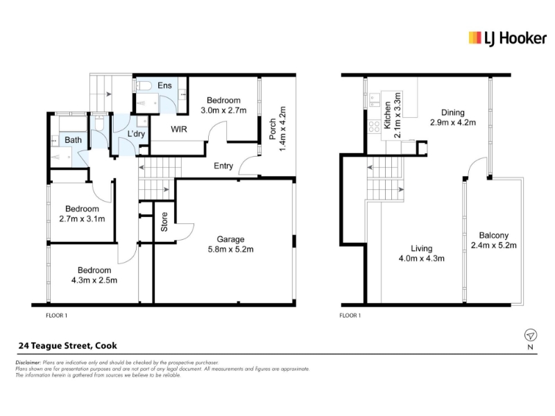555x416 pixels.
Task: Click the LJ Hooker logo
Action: tap(507, 38)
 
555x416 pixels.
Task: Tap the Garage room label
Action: tap(230, 239)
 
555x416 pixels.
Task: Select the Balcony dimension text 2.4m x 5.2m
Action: tap(493, 245)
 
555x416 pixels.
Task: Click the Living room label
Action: tap(421, 248)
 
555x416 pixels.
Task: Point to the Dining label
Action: tap(453, 112)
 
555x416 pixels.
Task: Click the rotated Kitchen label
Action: tap(387, 115)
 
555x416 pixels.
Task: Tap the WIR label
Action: tap(179, 129)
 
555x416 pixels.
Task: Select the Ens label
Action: tap(164, 85)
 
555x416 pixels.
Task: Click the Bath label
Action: tap(74, 140)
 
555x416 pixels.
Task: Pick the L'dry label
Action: tap(136, 134)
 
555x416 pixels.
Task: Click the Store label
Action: tap(164, 222)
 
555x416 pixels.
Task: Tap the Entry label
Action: tap(223, 166)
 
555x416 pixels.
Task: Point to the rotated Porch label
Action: tap(273, 129)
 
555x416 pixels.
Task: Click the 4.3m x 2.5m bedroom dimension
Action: tap(94, 280)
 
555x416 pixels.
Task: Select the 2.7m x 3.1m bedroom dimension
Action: tap(82, 218)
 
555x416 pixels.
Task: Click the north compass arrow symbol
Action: tap(530, 335)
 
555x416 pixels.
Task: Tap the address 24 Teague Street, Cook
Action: tap(67, 345)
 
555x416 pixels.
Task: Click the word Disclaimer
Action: tap(28, 363)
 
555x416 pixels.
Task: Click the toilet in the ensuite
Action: tap(144, 85)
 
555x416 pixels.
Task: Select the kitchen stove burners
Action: tap(374, 126)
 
